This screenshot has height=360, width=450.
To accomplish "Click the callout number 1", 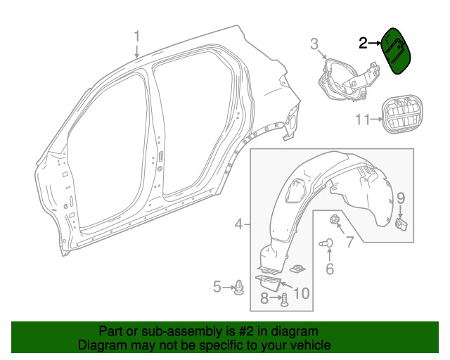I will (137, 37).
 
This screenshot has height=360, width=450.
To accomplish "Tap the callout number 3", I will (314, 44).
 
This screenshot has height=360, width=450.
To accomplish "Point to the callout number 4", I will (239, 224).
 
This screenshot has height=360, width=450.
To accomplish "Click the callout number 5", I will (218, 286).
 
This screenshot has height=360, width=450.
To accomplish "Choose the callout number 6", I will (328, 268).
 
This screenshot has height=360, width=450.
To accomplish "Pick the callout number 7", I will (349, 243).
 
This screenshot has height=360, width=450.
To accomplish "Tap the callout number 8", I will (264, 299).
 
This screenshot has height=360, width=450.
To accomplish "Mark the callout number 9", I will (401, 198).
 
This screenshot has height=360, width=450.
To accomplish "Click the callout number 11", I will (362, 120).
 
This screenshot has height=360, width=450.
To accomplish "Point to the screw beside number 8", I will (284, 300).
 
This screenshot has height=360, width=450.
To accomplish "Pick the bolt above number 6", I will (326, 243).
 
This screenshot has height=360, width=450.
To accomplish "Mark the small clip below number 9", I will (402, 224).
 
